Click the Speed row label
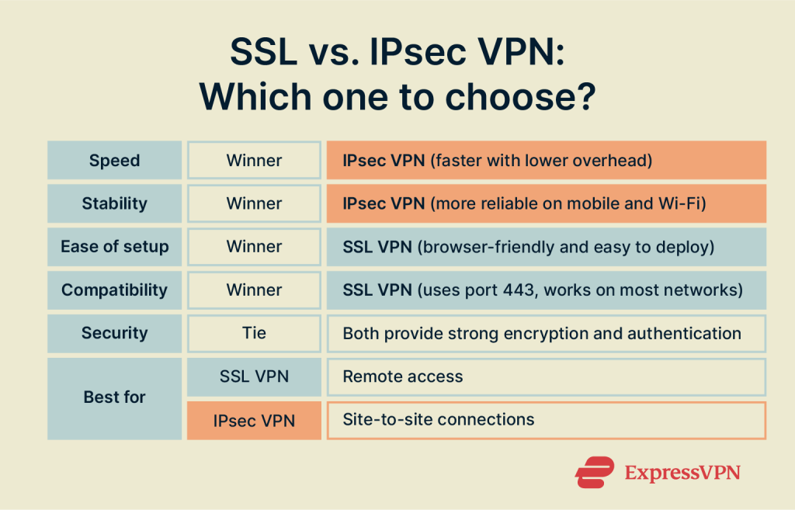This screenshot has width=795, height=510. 114,161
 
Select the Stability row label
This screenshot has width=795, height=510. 114,203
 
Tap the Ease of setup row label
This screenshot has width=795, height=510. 114,247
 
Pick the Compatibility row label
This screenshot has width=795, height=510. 114,290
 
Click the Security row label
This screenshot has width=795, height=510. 114,333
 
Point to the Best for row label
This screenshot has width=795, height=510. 114,397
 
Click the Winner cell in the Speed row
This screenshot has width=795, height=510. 254,161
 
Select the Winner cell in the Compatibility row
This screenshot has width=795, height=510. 254,290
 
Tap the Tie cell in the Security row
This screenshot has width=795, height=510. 254,333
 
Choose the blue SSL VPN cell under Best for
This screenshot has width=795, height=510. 254,376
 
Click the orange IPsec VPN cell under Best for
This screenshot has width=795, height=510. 254,420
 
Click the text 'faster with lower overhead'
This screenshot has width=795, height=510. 540,161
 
